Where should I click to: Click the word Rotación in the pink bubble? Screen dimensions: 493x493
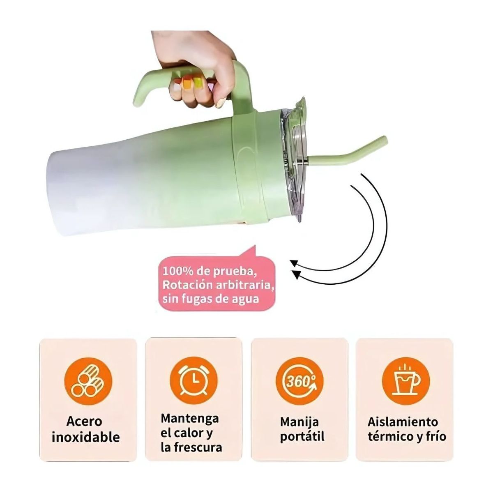188,285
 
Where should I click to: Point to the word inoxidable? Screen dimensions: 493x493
86,437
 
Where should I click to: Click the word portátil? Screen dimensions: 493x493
302,437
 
